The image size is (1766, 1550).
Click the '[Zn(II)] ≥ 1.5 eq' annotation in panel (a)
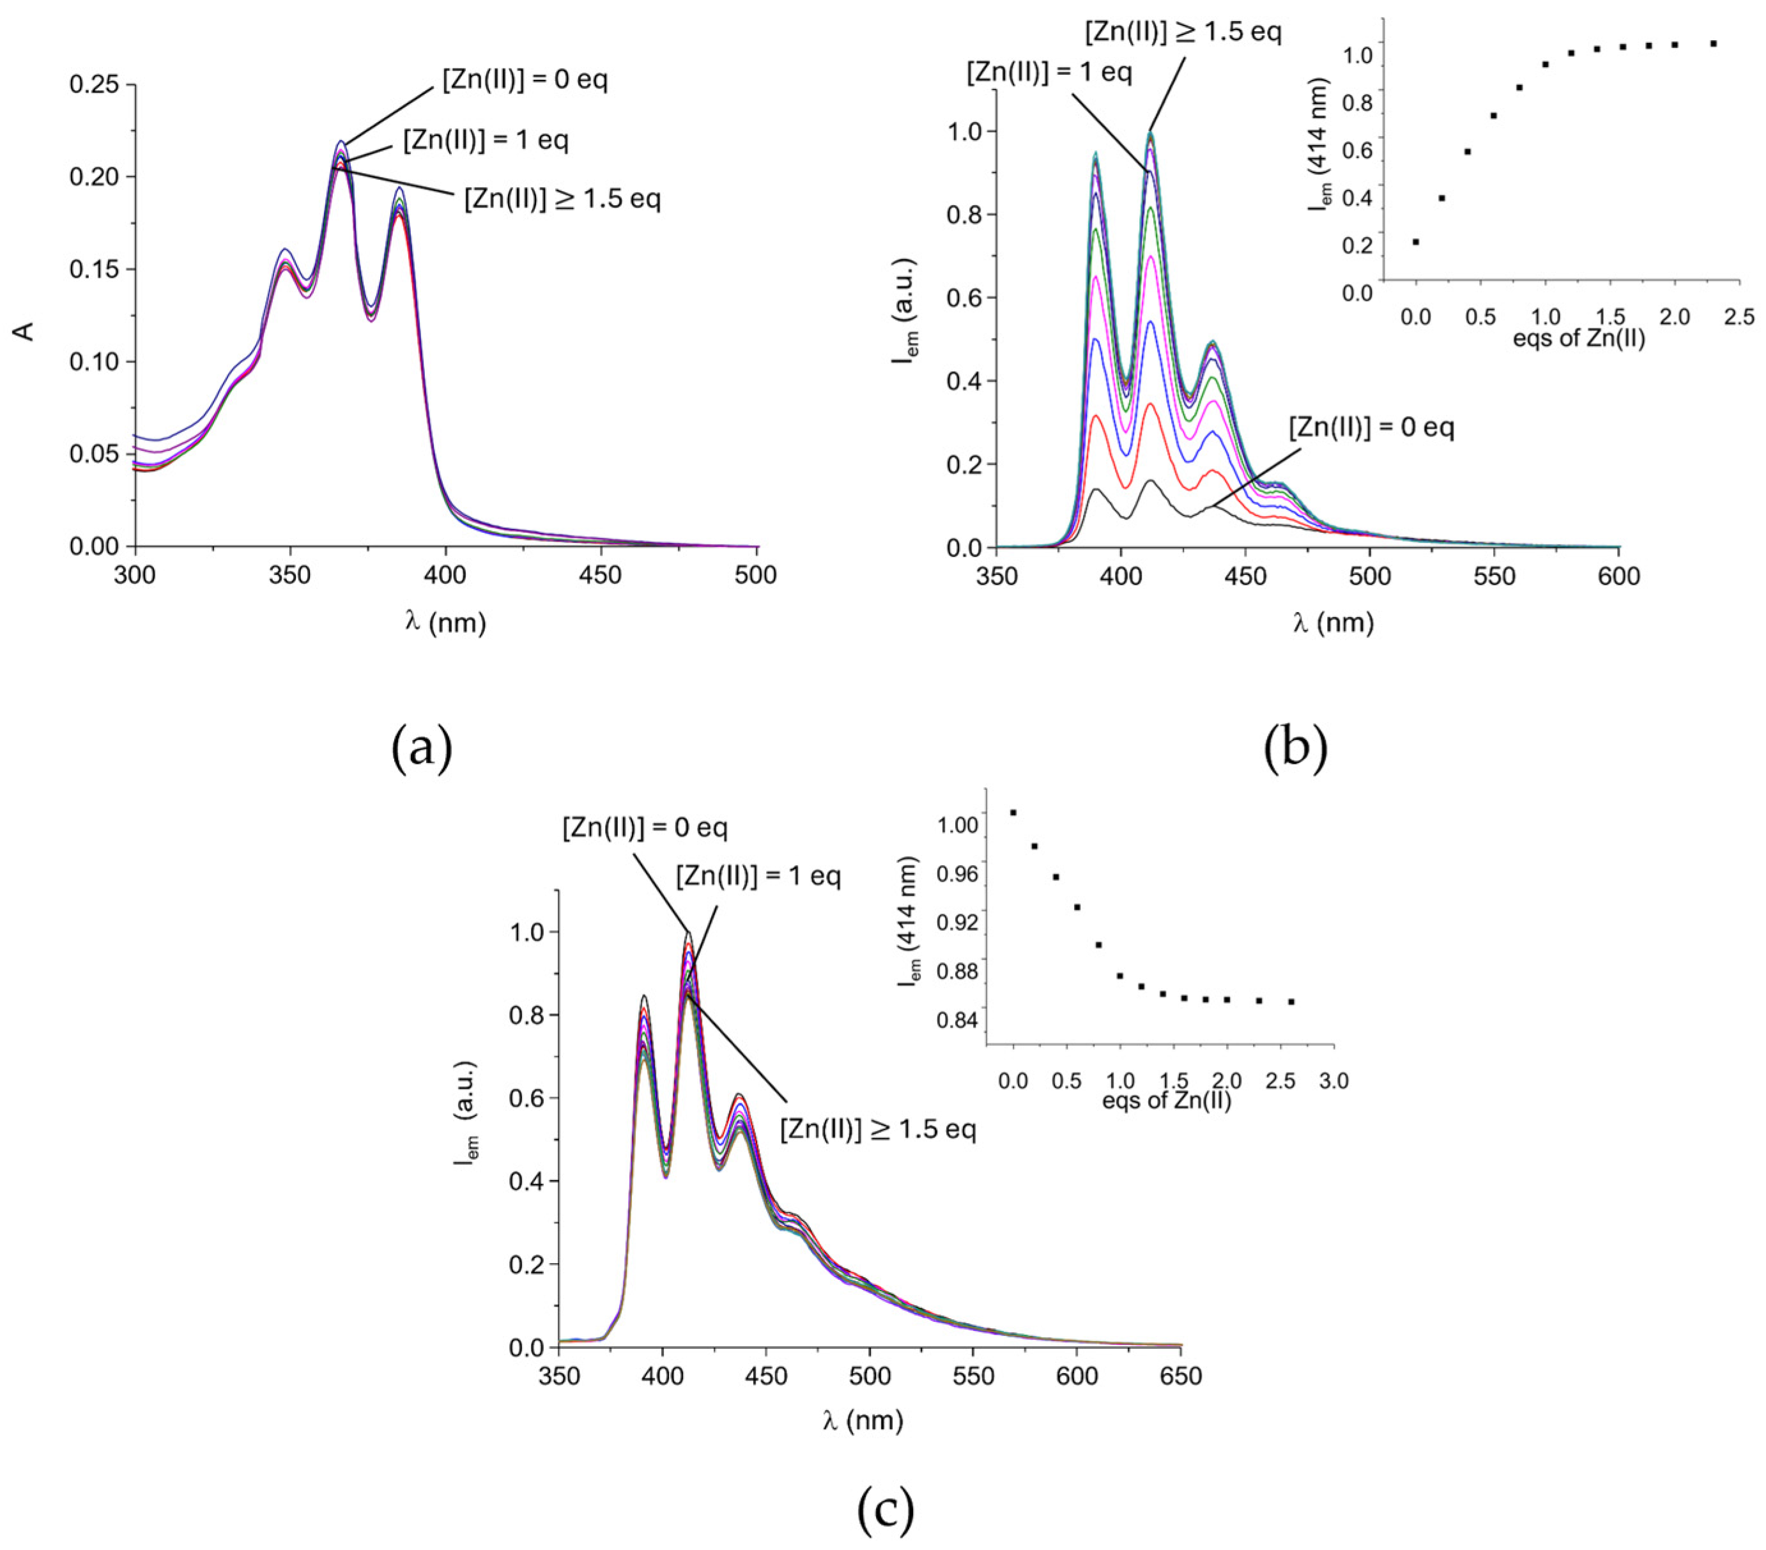click(562, 199)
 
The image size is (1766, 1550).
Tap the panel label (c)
click(885, 1508)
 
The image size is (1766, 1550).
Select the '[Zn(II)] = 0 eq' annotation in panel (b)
click(1371, 427)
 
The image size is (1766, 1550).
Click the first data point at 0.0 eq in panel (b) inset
click(1415, 242)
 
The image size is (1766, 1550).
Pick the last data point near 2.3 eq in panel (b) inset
click(1714, 43)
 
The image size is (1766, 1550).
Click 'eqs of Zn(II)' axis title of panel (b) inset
click(1579, 339)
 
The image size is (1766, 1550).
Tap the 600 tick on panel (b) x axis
click(1619, 576)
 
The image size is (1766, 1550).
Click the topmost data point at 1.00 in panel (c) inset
click(1013, 812)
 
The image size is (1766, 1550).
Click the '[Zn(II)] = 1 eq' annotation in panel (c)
click(758, 876)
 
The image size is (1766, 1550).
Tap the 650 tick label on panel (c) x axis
click(1181, 1376)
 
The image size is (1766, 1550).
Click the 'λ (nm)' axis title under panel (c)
click(863, 1422)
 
